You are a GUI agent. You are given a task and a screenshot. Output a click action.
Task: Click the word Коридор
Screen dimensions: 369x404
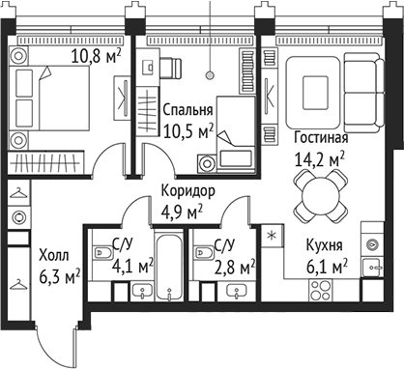[x=188, y=191]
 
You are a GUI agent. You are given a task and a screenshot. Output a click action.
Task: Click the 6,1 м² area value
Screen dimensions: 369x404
[x=326, y=265]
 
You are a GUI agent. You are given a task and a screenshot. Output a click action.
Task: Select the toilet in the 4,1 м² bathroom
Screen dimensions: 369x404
[x=101, y=254]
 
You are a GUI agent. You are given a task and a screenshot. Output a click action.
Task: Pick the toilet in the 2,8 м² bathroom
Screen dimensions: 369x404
[x=204, y=252]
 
